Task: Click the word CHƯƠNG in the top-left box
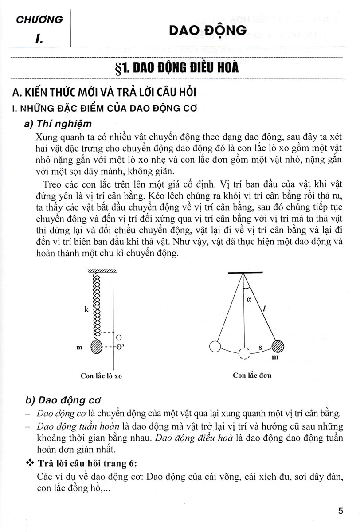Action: click(x=39, y=19)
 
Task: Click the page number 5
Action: click(x=340, y=511)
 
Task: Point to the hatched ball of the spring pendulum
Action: click(x=97, y=347)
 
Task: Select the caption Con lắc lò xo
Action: click(x=101, y=376)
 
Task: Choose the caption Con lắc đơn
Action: click(x=252, y=375)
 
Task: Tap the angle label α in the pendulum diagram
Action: click(x=248, y=299)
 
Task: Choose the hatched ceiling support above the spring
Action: click(x=102, y=271)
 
